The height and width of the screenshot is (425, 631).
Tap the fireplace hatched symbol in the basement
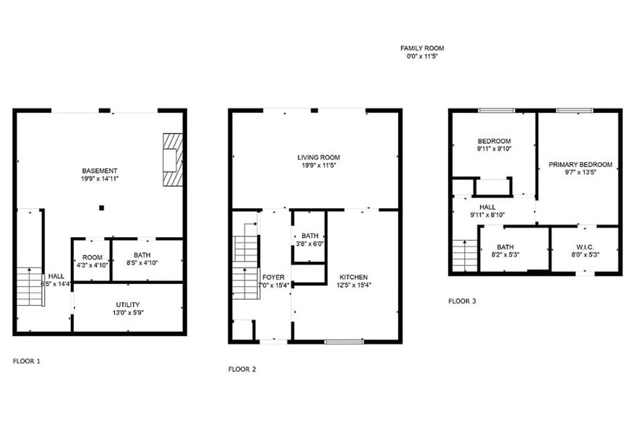pyautogui.click(x=173, y=160)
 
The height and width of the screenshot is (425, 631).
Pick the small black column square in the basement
pyautogui.click(x=102, y=207)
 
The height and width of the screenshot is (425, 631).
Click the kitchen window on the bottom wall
pyautogui.click(x=343, y=340)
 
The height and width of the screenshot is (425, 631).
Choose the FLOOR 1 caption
pyautogui.click(x=27, y=360)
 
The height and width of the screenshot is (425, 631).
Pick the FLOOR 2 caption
pyautogui.click(x=242, y=369)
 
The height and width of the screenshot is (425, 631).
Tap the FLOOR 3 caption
pyautogui.click(x=462, y=301)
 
